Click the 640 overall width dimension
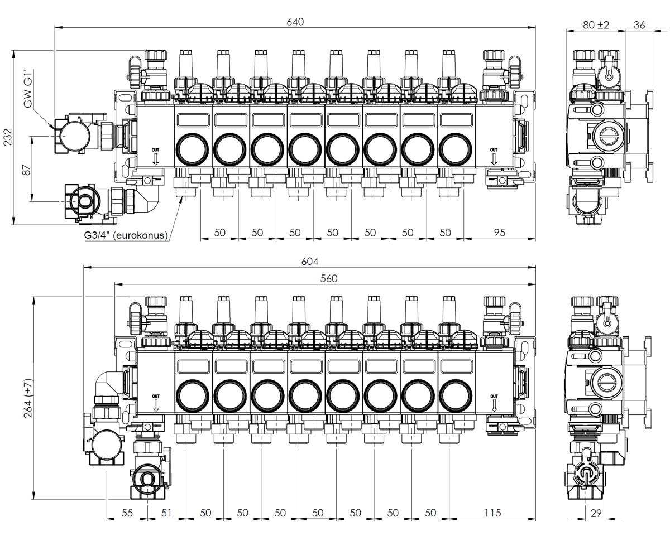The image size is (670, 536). coord(295,22)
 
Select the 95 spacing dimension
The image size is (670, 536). coord(499,233)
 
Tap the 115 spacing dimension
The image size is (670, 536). coord(492,513)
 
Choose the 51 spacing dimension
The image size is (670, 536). coord(167,513)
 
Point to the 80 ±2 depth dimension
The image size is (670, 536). coord(596,25)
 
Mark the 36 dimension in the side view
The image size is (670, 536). coord(640,25)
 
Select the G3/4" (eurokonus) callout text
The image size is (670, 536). coord(126,235)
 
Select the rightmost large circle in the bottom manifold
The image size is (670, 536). coord(456,397)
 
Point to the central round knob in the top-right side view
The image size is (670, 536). coord(606,134)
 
